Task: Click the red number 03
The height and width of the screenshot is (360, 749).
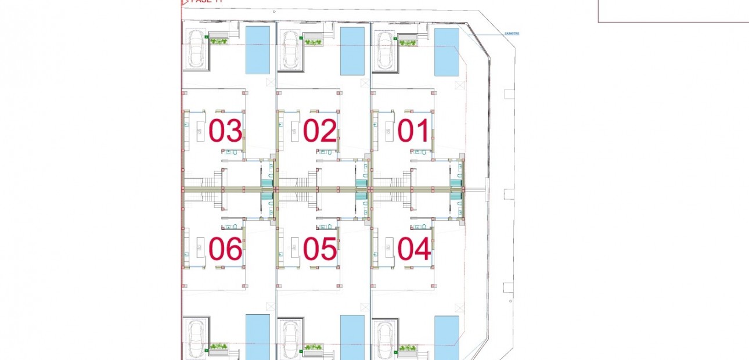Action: point(225,131)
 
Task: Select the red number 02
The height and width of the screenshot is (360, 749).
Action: point(320,131)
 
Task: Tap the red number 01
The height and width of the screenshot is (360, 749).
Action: point(414,131)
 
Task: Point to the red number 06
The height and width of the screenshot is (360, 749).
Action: point(225,249)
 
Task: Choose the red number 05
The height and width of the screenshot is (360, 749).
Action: point(320,249)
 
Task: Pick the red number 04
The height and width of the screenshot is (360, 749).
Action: point(414,249)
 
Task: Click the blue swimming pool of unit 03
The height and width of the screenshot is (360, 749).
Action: point(258,50)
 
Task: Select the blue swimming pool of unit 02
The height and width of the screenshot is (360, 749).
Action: point(352,51)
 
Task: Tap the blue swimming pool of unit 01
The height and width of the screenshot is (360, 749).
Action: point(446,52)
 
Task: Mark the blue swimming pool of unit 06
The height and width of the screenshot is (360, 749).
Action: point(258,337)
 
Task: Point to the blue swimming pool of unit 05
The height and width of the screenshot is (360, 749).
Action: point(352,337)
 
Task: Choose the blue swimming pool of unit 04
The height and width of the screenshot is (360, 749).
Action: point(446,337)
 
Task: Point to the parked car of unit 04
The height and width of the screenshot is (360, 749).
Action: point(384,339)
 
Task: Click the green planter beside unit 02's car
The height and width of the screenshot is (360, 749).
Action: point(313,42)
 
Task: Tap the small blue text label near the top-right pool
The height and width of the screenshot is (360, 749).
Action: point(512,34)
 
